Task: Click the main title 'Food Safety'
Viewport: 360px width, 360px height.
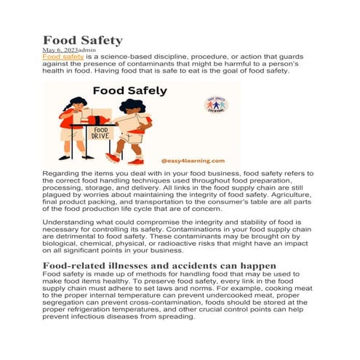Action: (82, 40)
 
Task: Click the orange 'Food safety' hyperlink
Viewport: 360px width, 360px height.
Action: (63, 55)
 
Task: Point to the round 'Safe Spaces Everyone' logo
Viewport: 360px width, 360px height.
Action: (216, 105)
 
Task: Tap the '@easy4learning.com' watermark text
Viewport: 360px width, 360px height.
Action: (193, 161)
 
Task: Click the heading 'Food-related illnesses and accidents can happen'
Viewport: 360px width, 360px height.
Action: (159, 265)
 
